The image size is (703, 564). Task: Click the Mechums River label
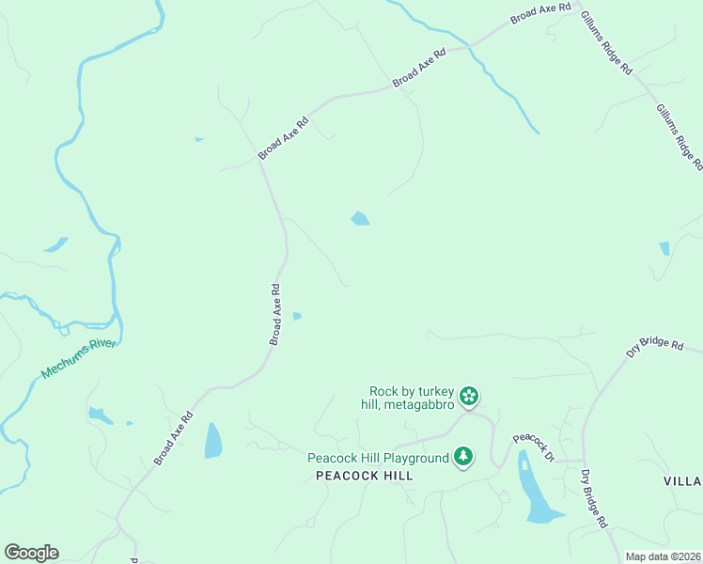click(79, 358)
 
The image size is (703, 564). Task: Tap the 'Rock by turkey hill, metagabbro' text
click(412, 398)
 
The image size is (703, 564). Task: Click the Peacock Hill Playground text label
click(379, 458)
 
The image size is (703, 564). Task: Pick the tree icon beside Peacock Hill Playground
click(462, 457)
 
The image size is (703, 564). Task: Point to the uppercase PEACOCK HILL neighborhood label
click(365, 477)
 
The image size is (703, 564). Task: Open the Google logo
click(31, 553)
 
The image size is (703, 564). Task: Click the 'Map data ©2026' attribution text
click(664, 556)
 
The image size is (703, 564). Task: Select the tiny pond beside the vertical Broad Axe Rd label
click(297, 316)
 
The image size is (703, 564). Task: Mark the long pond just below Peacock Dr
click(534, 489)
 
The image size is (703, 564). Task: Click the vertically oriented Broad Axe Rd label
click(275, 315)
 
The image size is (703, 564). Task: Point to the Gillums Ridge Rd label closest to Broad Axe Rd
click(606, 44)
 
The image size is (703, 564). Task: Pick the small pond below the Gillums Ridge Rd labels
click(664, 248)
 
